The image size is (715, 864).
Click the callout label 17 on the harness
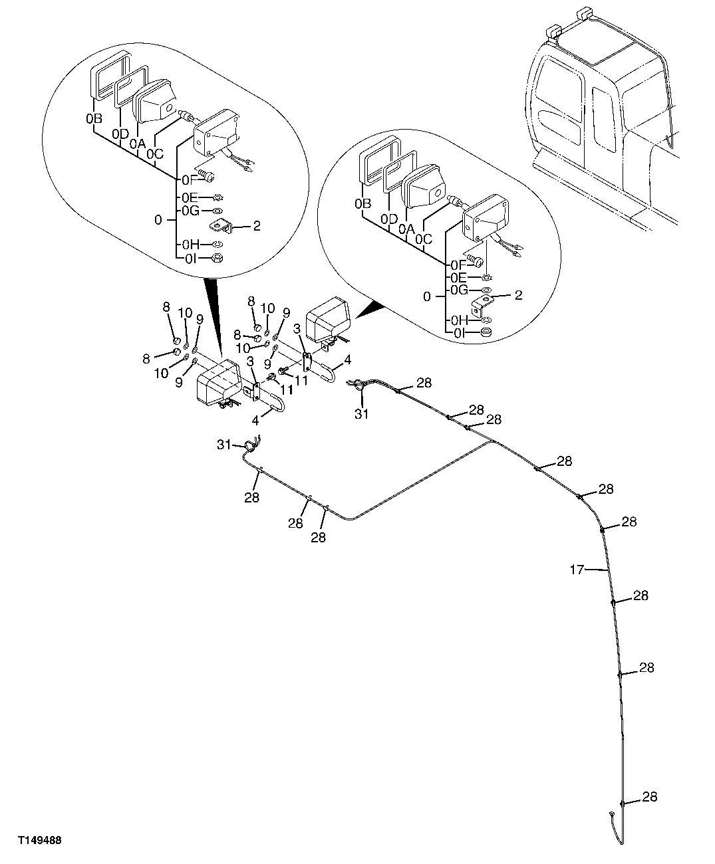(x=577, y=569)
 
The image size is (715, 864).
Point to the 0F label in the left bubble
(x=187, y=179)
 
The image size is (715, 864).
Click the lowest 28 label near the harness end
(x=650, y=796)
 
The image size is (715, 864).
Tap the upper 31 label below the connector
(x=361, y=413)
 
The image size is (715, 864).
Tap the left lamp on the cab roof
(x=553, y=31)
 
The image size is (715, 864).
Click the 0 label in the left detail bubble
(x=157, y=219)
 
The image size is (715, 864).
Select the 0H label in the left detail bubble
(x=190, y=245)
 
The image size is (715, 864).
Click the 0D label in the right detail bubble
(x=390, y=219)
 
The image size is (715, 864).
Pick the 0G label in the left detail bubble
(x=190, y=211)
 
